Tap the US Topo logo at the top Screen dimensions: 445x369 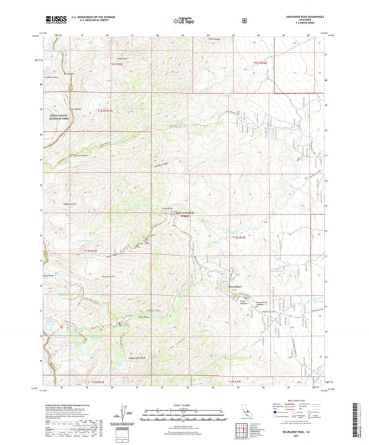182,21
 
